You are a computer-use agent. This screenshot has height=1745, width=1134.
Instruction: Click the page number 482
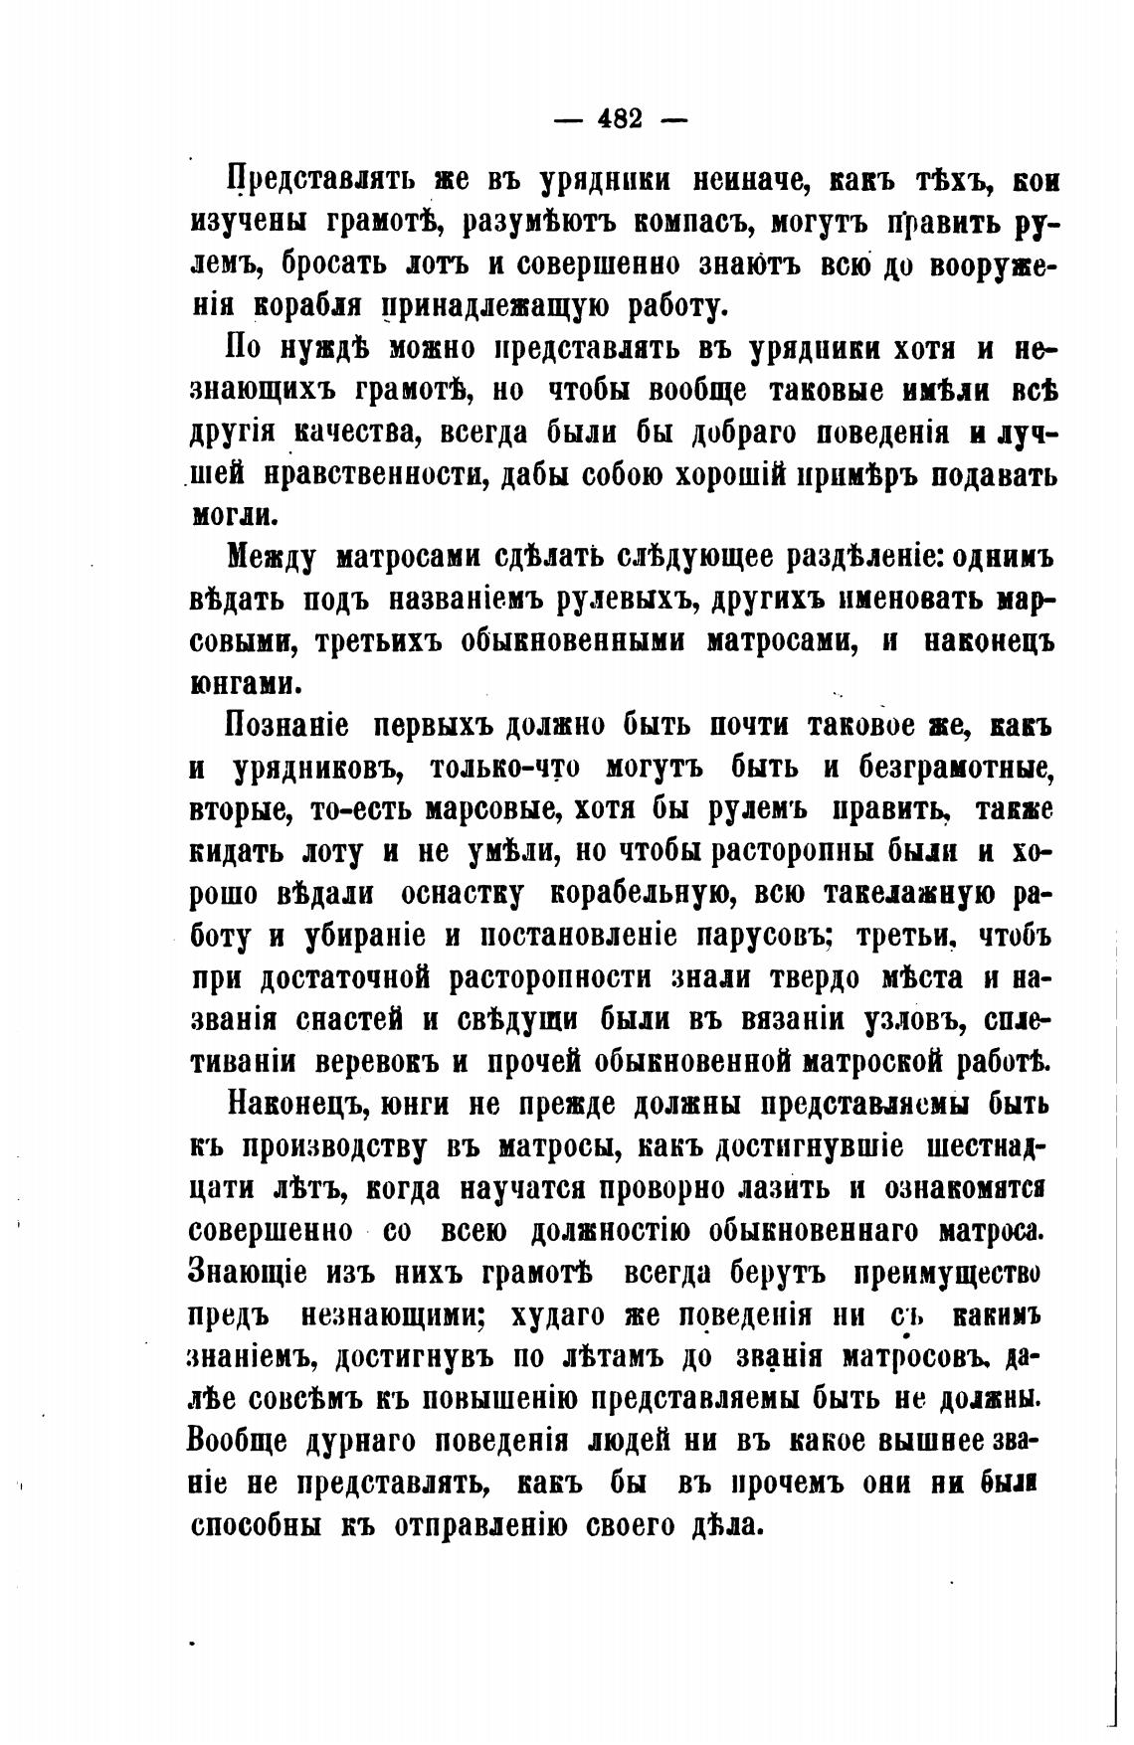tap(621, 119)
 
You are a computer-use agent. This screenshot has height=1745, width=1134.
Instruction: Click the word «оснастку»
tap(464, 893)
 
